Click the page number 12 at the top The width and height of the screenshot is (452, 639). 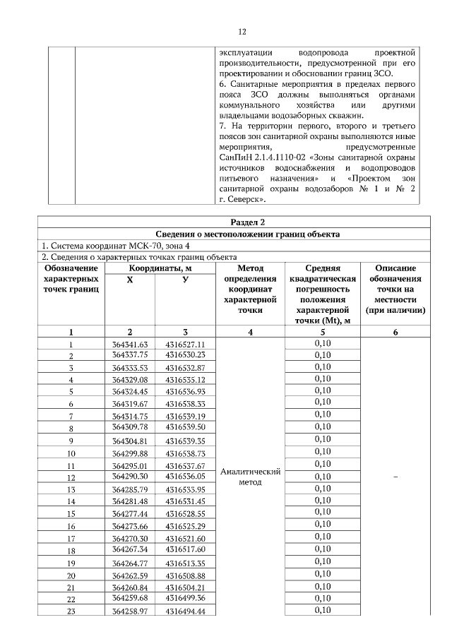[242, 32]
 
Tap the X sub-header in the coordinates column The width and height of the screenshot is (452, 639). [129, 280]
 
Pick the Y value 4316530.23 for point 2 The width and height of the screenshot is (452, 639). [185, 354]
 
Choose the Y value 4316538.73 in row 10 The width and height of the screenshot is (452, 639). [185, 453]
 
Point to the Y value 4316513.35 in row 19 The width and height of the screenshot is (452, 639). [185, 563]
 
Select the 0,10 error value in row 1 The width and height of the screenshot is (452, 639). [322, 343]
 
